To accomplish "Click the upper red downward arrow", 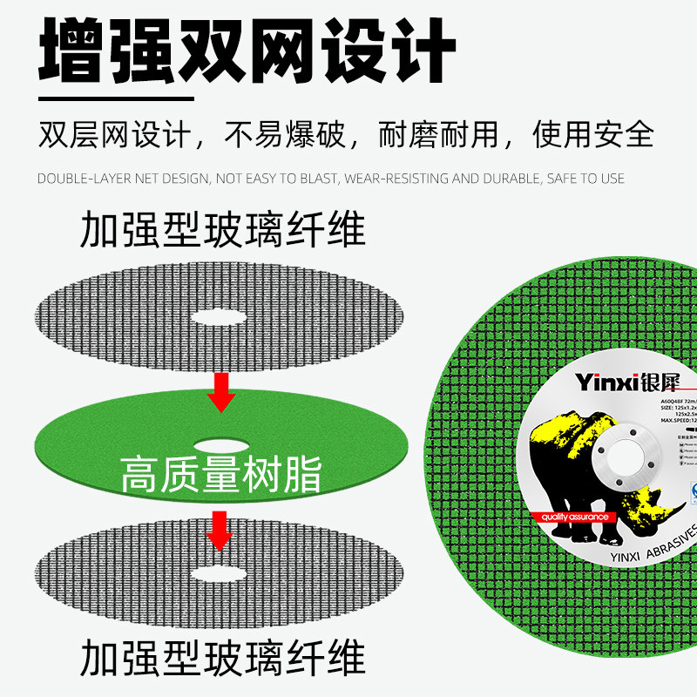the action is tap(221, 392).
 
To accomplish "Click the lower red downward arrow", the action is tap(220, 531).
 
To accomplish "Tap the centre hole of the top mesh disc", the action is tap(218, 317).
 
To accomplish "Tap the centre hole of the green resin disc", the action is tap(220, 444).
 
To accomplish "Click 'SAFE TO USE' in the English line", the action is tap(585, 179).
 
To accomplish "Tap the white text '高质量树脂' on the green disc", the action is tap(221, 475).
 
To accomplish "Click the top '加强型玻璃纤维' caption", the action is tap(222, 232).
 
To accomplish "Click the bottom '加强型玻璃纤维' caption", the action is tap(222, 657).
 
